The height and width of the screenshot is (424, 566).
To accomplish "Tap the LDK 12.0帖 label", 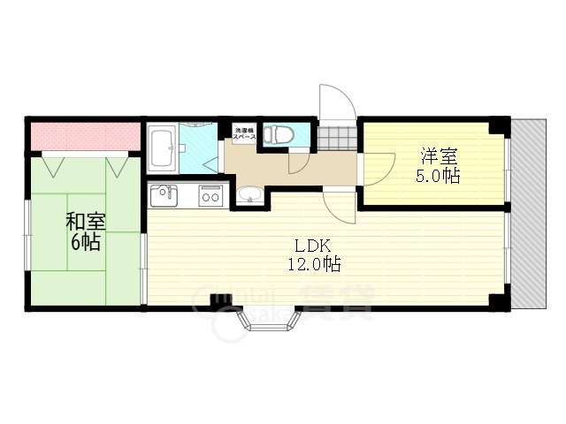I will [313, 254].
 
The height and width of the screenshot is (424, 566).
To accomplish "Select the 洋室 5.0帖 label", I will [440, 166].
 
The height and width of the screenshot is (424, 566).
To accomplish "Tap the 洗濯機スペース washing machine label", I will [245, 135].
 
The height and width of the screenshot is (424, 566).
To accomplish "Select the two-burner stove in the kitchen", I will [210, 194].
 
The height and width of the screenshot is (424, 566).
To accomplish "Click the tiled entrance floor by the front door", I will [337, 138].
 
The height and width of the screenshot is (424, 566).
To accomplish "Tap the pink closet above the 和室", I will [86, 135].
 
